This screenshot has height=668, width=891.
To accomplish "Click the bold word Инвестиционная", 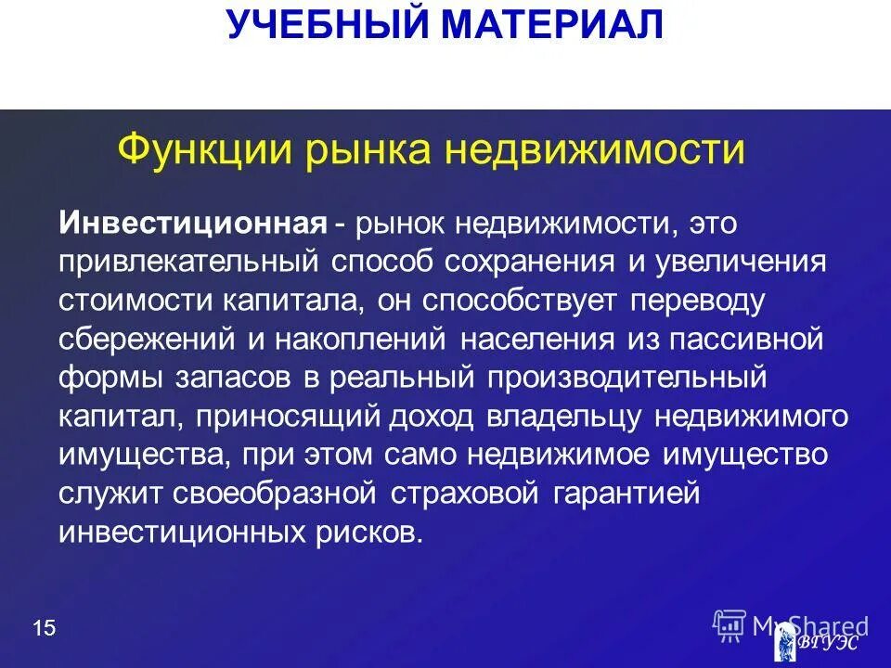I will point(193,222).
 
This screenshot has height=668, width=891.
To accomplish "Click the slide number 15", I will point(44,629).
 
